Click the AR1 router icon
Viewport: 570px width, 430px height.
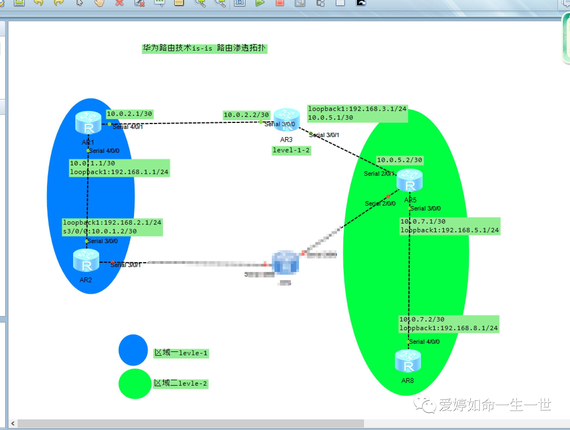pyautogui.click(x=88, y=123)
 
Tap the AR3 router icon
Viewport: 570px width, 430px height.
pyautogui.click(x=286, y=120)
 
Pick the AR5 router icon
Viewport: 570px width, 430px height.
pyautogui.click(x=410, y=180)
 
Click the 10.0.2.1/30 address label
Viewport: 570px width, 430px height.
pyautogui.click(x=129, y=114)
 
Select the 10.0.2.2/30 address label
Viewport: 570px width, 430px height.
pyautogui.click(x=246, y=115)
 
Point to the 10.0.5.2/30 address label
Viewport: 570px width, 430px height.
pyautogui.click(x=400, y=160)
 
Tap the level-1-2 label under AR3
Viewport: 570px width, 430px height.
pyautogui.click(x=291, y=150)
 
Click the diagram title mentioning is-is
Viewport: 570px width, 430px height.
pyautogui.click(x=204, y=48)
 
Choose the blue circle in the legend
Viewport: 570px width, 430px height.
pyautogui.click(x=133, y=350)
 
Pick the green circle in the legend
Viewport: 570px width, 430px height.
pyautogui.click(x=135, y=384)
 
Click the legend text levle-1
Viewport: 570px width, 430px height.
pyautogui.click(x=181, y=353)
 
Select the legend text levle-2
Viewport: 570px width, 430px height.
pyautogui.click(x=180, y=383)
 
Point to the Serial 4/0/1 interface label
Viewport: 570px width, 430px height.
pyautogui.click(x=128, y=127)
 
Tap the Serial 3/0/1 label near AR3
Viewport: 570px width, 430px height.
pyautogui.click(x=324, y=135)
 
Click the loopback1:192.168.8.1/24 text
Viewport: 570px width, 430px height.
pyautogui.click(x=448, y=328)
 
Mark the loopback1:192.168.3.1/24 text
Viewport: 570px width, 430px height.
pyautogui.click(x=357, y=109)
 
